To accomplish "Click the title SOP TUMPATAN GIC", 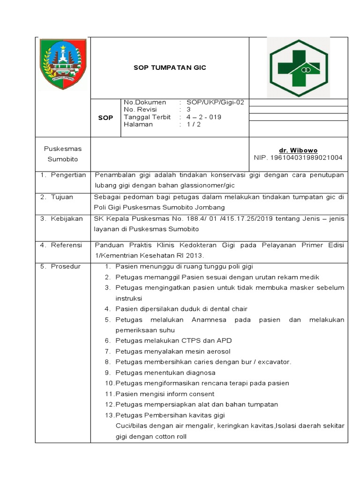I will (x=170, y=67).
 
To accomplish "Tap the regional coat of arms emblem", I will (x=63, y=64).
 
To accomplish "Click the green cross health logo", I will (x=298, y=67).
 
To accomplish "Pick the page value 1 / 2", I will (x=194, y=125).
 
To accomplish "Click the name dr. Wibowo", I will (x=298, y=150).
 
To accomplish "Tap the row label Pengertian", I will (x=69, y=175).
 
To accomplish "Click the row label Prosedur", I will (x=66, y=266).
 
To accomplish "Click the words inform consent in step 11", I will (x=188, y=394).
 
